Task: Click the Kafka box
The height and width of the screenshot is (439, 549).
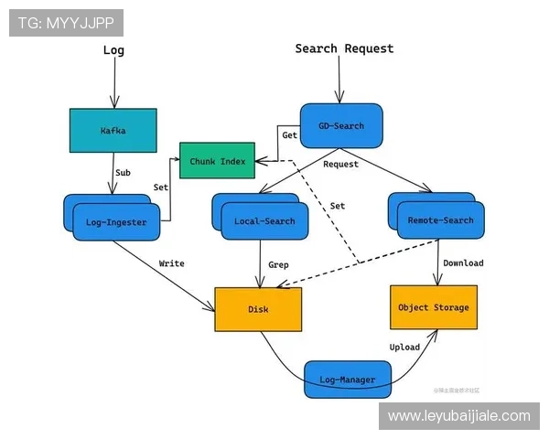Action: [113, 131]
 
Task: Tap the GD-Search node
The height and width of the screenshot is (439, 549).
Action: [340, 125]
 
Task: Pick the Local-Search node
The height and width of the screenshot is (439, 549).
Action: [265, 220]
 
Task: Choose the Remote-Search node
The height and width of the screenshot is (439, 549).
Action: [441, 219]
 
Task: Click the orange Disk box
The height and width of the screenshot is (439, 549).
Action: [258, 309]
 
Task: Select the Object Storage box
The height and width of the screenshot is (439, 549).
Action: [433, 307]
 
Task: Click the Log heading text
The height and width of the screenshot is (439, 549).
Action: [113, 51]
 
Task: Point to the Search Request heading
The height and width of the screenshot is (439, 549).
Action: [344, 48]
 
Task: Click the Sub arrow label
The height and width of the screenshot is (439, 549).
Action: [123, 172]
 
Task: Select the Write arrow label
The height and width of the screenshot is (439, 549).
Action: [172, 263]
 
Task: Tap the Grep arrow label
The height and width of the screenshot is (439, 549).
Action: [278, 265]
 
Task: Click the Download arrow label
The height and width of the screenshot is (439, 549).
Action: [463, 263]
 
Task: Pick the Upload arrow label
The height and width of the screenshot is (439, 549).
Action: [404, 348]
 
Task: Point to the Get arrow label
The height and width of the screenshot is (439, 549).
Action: [289, 134]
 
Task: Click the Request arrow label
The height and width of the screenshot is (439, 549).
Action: [341, 165]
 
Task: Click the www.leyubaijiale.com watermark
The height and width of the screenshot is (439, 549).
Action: [458, 416]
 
